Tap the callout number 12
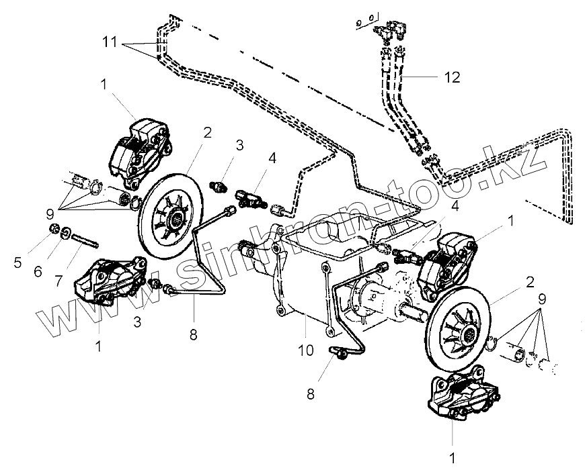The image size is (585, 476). pos(452,77)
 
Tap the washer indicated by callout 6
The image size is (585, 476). pos(69,235)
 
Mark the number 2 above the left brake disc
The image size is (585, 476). pos(207,132)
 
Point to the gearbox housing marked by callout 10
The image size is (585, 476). pos(296,275)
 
